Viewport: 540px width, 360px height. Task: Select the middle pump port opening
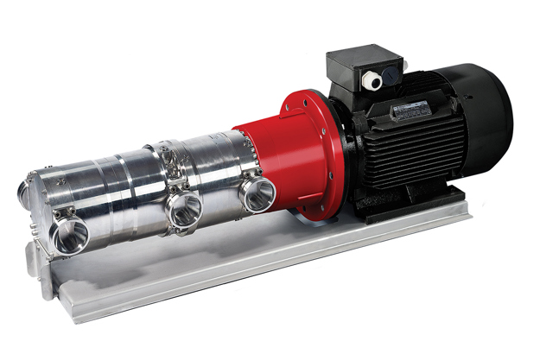pyautogui.click(x=183, y=210)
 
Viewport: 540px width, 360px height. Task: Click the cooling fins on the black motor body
pyautogui.click(x=406, y=151)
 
